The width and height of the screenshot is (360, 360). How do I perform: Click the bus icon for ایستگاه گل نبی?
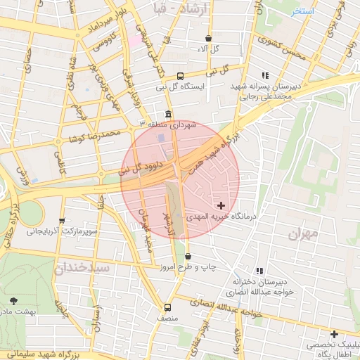180,76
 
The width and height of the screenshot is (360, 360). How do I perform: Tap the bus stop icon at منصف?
167,307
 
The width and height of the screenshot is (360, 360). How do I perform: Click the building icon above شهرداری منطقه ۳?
167,114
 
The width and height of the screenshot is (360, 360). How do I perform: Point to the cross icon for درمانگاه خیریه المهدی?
222,206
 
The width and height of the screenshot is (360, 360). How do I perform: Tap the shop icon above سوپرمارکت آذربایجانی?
62,221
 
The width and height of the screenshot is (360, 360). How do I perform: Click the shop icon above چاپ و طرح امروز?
188,257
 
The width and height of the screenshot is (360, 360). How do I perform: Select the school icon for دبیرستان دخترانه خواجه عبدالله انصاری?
259,271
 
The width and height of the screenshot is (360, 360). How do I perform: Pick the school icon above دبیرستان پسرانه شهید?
265,75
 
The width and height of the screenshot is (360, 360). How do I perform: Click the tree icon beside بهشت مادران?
14,301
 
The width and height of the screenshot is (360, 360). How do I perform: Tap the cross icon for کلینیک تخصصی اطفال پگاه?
334,334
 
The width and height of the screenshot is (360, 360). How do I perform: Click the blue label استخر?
302,12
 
